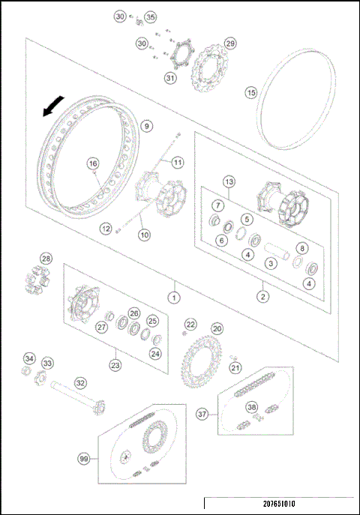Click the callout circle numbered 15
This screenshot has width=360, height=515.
click(251, 92)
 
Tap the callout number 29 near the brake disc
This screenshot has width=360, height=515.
click(230, 43)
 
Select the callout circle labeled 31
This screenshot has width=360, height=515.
click(170, 77)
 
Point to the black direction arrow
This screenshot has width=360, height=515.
click(51, 109)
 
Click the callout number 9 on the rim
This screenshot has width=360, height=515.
click(145, 126)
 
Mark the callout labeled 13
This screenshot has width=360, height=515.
click(229, 182)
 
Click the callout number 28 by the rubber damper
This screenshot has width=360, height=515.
click(46, 259)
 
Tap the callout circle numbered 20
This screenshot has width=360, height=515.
click(217, 328)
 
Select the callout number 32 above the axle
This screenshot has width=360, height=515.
click(80, 382)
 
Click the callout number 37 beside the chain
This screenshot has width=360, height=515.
click(202, 414)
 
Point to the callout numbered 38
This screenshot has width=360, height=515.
click(252, 409)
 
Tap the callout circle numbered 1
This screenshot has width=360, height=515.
click(173, 297)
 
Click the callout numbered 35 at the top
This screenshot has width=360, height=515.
click(151, 16)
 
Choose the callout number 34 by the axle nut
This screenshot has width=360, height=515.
click(29, 358)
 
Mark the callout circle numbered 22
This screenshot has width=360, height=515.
click(190, 324)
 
